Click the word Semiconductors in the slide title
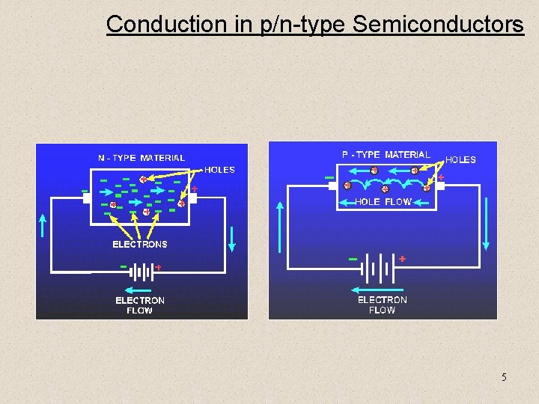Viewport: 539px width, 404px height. [438, 24]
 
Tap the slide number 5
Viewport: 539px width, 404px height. [504, 377]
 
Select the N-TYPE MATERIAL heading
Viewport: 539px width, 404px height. [141, 158]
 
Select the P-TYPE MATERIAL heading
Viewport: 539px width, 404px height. [386, 155]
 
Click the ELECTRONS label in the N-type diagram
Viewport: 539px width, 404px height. [140, 244]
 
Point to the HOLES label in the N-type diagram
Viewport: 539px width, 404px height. [219, 170]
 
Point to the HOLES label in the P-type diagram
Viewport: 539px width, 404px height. [460, 159]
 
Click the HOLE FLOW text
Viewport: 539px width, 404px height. [383, 202]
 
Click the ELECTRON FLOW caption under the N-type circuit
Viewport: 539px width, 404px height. [140, 305]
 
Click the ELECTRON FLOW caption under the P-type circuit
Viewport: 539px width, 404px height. [382, 304]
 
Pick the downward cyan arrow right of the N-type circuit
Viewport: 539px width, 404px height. [233, 238]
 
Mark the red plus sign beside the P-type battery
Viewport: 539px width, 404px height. [402, 258]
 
